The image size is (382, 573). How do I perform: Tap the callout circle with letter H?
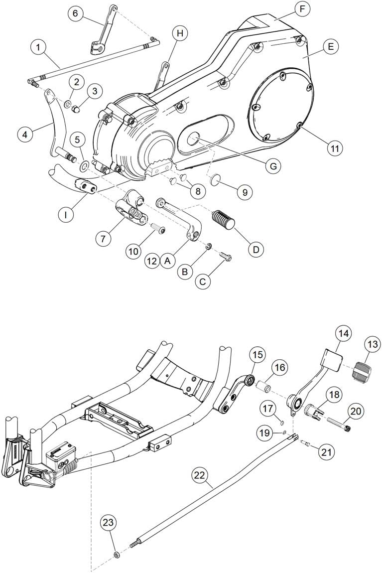pyautogui.click(x=180, y=34)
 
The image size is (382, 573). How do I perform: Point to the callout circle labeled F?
pyautogui.click(x=302, y=9)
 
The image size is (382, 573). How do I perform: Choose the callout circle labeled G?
pyautogui.click(x=273, y=166)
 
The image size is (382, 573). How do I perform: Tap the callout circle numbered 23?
pyautogui.click(x=109, y=523)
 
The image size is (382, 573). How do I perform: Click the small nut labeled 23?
pyautogui.click(x=116, y=555)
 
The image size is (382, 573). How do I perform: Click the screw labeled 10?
pyautogui.click(x=158, y=229)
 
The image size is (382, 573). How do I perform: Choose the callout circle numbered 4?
pyautogui.click(x=25, y=134)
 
